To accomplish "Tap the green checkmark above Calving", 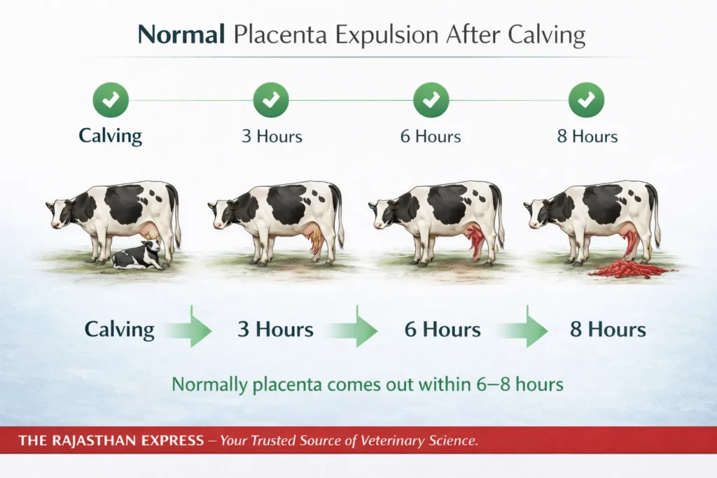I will click(x=111, y=100).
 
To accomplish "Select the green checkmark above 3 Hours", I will click(x=271, y=100).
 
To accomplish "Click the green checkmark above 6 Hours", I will click(x=431, y=100).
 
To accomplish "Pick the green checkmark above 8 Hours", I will click(x=587, y=100).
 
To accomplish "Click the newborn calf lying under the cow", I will click(x=140, y=256).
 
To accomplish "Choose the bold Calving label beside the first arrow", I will click(x=119, y=330).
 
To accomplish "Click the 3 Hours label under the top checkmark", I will click(x=272, y=136).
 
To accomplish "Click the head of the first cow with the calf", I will click(x=60, y=210).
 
